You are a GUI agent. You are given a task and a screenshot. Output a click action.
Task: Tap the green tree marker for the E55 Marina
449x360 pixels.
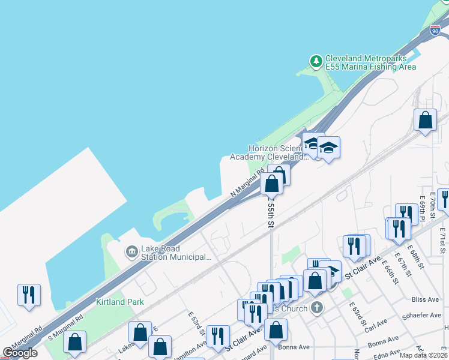point(316,61)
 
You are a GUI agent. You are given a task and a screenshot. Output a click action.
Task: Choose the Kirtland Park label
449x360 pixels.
point(120,302)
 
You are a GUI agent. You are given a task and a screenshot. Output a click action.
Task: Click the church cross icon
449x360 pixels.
point(317,308)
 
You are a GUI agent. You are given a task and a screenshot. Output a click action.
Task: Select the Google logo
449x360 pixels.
point(20,353)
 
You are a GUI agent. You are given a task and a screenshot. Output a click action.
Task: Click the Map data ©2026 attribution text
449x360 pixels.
point(423,355)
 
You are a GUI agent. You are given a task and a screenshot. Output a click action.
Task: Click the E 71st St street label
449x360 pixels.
point(443,240)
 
